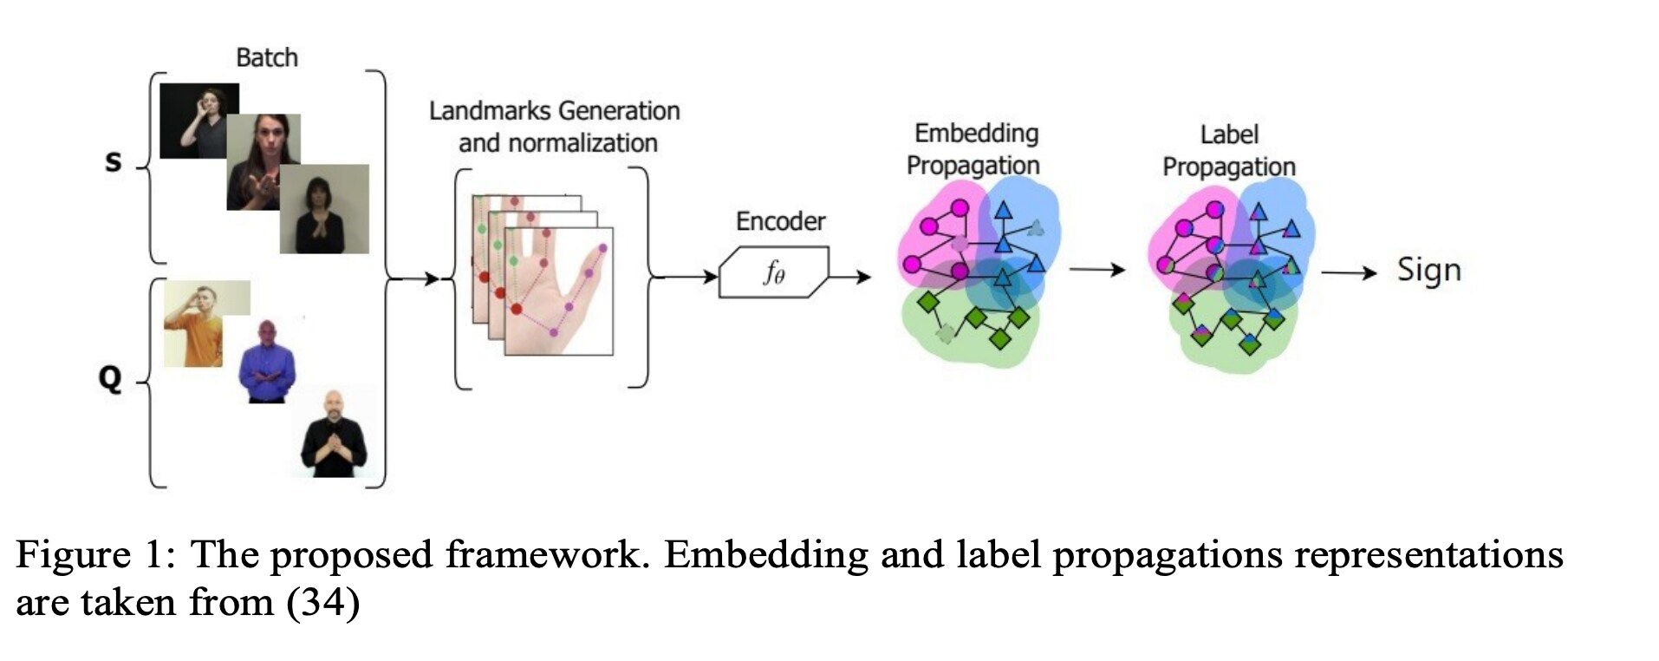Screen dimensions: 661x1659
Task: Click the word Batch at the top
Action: (266, 58)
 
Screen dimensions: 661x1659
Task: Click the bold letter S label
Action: (113, 161)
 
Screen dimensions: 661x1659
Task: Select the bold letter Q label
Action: (110, 378)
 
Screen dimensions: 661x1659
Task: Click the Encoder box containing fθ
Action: (773, 272)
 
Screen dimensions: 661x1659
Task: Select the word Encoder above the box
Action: (780, 221)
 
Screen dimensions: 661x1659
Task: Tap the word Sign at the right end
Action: (1428, 270)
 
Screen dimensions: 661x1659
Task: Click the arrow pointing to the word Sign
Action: (1349, 273)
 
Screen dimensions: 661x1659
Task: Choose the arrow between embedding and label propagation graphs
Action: (1096, 270)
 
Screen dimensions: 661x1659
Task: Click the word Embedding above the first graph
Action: (976, 134)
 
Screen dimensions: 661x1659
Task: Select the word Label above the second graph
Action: (1228, 134)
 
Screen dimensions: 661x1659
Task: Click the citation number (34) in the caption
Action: (322, 602)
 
